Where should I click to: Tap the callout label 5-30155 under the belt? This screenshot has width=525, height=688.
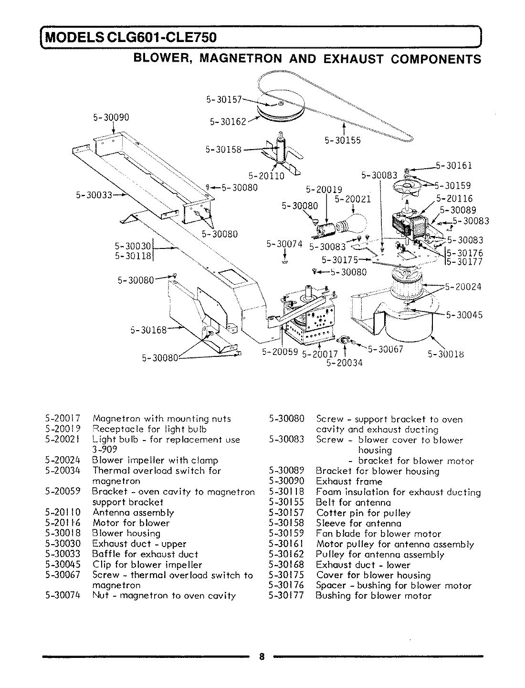(x=343, y=140)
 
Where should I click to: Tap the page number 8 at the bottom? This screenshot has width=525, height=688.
(x=262, y=656)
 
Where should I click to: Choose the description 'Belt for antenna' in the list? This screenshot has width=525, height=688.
(x=353, y=502)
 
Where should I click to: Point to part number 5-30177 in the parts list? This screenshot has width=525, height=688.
(x=286, y=596)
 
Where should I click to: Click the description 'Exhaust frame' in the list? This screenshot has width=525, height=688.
(x=349, y=482)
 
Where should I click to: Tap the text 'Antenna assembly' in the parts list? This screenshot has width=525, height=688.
(x=133, y=513)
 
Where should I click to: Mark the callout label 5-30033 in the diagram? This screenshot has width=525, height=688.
(x=93, y=194)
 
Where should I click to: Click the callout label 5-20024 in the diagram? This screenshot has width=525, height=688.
(x=463, y=287)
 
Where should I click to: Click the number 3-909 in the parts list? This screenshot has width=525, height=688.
(x=105, y=450)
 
